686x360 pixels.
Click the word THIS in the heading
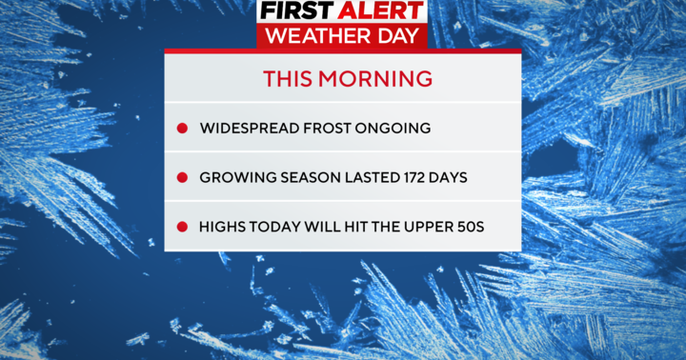[287, 77]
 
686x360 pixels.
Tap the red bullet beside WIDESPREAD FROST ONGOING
[182, 129]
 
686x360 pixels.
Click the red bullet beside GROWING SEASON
[182, 178]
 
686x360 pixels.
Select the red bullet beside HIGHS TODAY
[182, 228]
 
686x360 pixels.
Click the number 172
[408, 178]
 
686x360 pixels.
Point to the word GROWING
[235, 178]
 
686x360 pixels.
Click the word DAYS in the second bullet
[448, 178]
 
